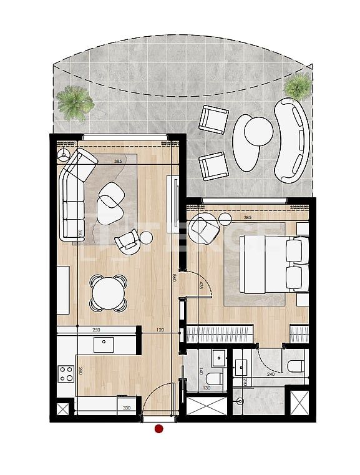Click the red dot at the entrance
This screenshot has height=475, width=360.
tap(159, 429)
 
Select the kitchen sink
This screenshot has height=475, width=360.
tap(104, 345)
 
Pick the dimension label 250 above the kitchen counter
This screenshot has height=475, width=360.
tap(96, 330)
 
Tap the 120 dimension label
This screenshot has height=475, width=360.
tap(160, 330)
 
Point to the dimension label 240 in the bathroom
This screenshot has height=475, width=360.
tap(271, 375)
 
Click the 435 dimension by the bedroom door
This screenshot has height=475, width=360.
tap(200, 285)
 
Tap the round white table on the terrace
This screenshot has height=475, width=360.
tap(258, 131)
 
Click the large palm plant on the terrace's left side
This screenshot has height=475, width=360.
tap(75, 102)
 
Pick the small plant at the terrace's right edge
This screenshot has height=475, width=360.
tap(298, 86)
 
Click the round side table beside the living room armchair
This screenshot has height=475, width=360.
tap(146, 237)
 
